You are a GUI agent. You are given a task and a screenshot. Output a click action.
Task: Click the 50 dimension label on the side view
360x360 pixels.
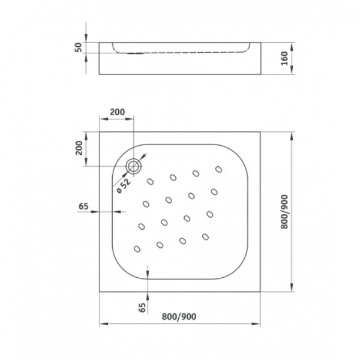(78, 47)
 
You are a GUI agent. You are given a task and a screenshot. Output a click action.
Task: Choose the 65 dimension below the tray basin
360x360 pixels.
(142, 308)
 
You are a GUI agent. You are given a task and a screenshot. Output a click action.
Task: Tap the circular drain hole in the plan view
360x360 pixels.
(134, 166)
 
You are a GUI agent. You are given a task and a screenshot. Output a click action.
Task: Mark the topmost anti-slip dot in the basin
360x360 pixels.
(196, 173)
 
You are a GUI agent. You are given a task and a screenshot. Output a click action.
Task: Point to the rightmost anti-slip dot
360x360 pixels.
(214, 191)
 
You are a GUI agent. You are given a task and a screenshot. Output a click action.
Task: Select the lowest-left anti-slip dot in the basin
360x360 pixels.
(137, 248)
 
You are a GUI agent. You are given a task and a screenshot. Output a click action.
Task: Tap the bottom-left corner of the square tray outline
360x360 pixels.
(98, 291)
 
